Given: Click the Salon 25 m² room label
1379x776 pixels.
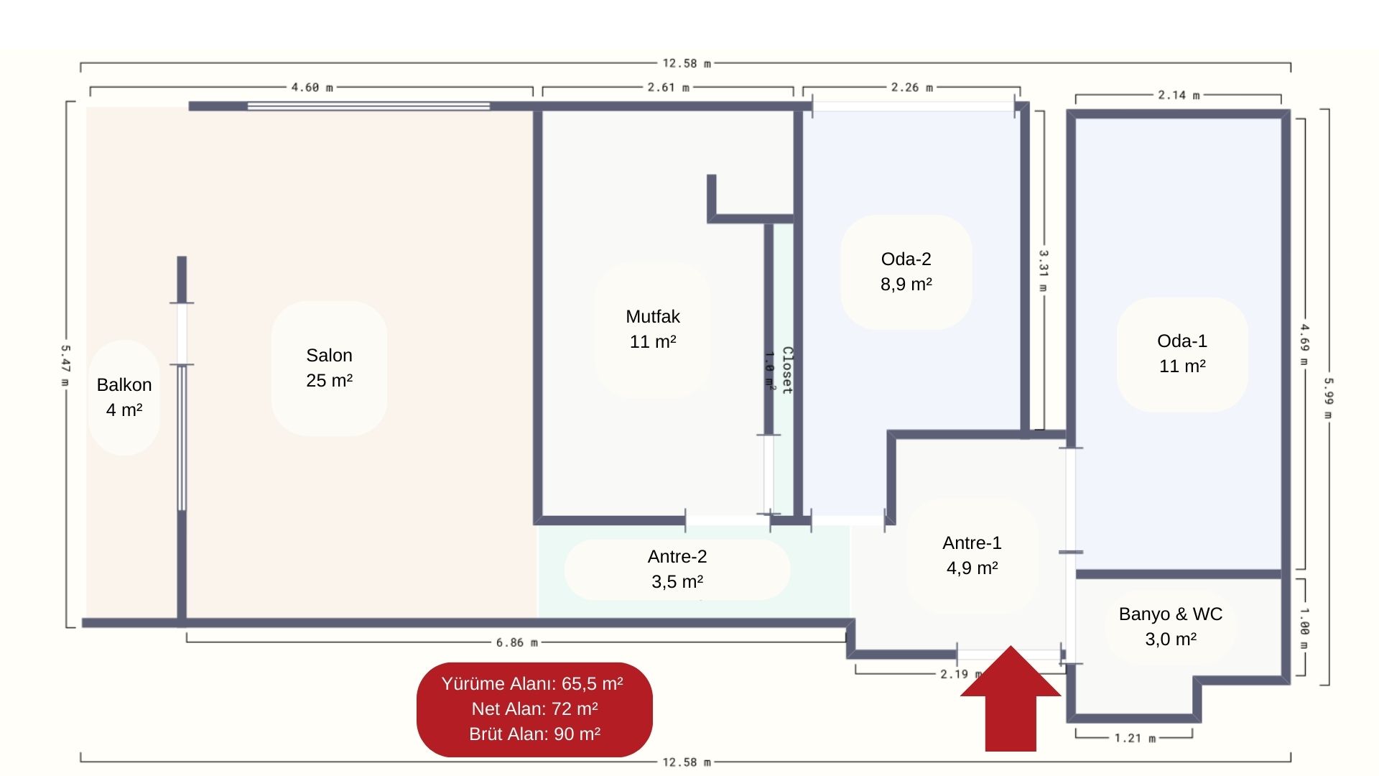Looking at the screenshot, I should pos(329,368).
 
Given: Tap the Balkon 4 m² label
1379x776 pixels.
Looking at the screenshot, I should pos(124,397).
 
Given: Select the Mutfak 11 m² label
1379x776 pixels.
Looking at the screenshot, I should pos(652,329).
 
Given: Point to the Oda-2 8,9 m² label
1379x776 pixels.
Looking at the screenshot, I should pos(906,272).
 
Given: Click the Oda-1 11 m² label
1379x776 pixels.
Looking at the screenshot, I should pos(1181,354).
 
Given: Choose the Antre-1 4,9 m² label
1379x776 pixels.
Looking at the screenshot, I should pos(972,555).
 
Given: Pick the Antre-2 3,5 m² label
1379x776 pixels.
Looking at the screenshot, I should pos(677,569).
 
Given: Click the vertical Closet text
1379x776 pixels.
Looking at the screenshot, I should pos(787,370).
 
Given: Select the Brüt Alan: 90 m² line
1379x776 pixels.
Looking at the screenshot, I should pos(534,734).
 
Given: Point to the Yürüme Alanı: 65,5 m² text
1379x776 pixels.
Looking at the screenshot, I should pos(532,683).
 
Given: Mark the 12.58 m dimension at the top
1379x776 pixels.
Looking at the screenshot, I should pos(686,63).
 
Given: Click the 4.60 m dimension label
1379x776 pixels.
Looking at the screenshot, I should pos(312,88).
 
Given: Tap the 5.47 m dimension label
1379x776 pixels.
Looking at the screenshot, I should pos(65,366).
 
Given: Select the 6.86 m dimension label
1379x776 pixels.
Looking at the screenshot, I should pos(516,642).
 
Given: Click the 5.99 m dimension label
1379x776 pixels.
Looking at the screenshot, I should pos(1328,399).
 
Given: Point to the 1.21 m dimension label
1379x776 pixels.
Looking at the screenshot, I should pos(1135,738).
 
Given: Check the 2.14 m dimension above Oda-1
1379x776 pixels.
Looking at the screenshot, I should pos(1178,95).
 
